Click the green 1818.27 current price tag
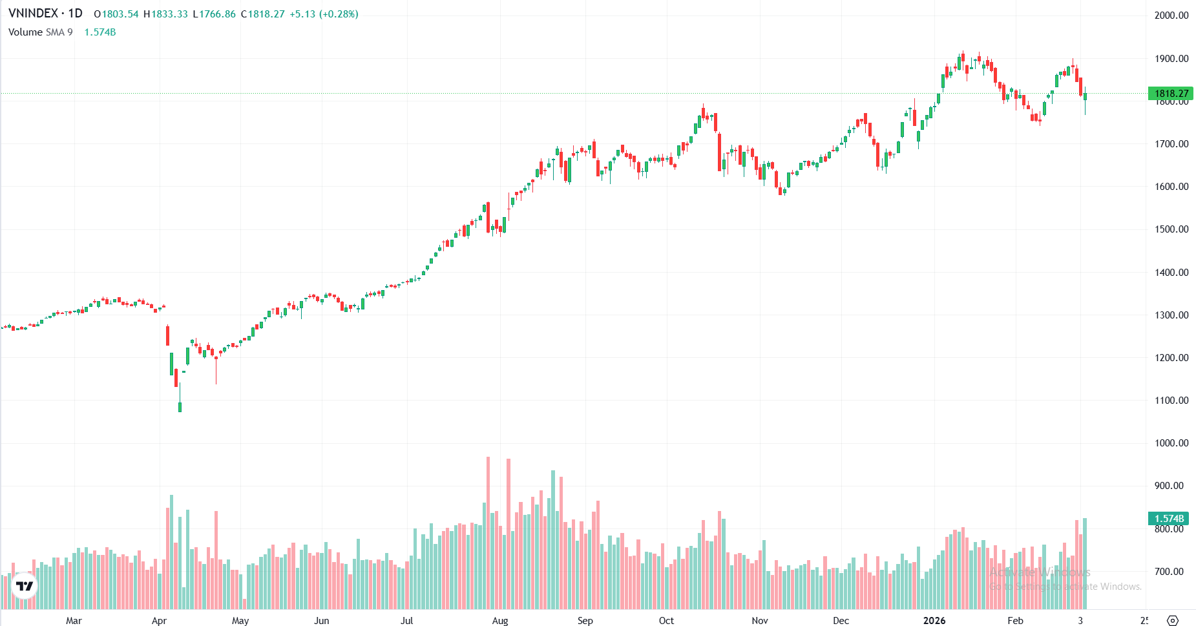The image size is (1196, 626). tap(1171, 94)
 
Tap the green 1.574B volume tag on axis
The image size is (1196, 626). tap(1169, 519)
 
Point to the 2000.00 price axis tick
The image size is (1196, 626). tap(1171, 16)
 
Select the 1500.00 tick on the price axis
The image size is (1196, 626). tap(1171, 229)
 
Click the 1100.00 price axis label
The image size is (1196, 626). tap(1171, 401)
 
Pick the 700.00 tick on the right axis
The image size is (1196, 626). tap(1169, 572)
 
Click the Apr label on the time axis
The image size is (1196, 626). tap(159, 621)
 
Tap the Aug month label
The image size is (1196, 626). tap(500, 621)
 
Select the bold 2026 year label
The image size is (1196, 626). tap(934, 621)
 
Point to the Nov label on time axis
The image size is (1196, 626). tap(760, 621)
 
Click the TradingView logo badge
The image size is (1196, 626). tap(25, 586)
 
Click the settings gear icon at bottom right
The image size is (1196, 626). tap(1173, 621)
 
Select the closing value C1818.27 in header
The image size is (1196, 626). tap(263, 14)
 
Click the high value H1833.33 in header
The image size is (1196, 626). tap(165, 14)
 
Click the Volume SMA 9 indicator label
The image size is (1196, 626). tap(40, 32)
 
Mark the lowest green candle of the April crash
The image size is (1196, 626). tap(180, 406)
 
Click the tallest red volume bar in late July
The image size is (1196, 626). tap(488, 533)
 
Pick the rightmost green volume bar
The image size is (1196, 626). tap(1085, 563)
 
